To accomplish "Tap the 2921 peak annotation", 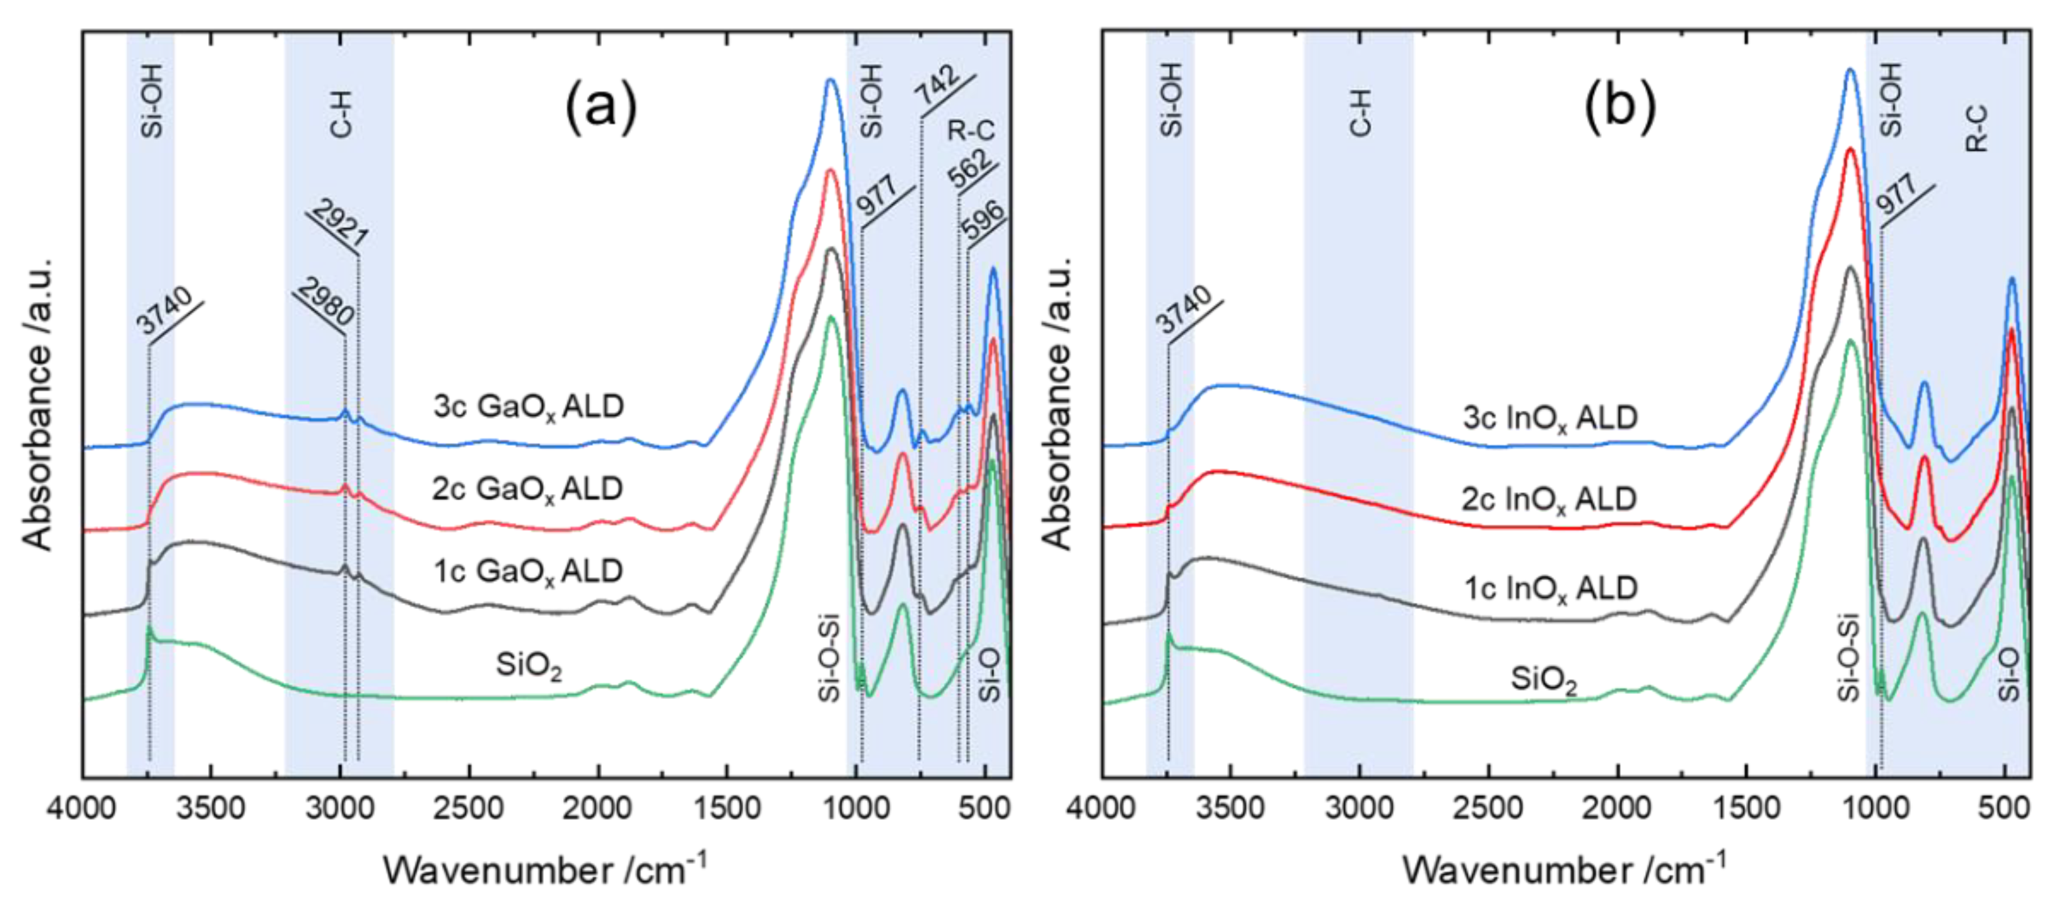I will [x=339, y=224].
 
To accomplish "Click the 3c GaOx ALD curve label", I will [x=528, y=407].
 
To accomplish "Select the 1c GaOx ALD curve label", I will [x=528, y=571].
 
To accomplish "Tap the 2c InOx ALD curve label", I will [x=1549, y=500].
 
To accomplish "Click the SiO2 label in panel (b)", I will [x=1543, y=681].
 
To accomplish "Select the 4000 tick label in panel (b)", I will [x=1101, y=808].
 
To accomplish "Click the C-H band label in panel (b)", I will [x=1360, y=112].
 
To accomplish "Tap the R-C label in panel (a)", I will [x=971, y=130].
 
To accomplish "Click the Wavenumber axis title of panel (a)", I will [x=544, y=869].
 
